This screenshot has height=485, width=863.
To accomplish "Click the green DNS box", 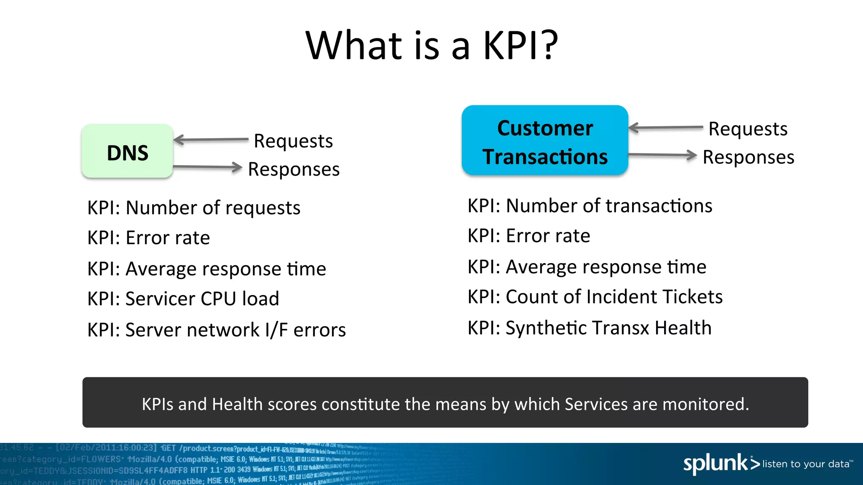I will click(x=127, y=152).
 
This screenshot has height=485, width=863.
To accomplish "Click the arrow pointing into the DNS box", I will click(x=211, y=139).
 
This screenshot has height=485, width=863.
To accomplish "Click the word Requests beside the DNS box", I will click(x=293, y=141).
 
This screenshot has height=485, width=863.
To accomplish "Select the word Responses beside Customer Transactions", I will click(x=748, y=157).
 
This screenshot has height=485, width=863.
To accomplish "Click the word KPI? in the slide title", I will click(x=520, y=45).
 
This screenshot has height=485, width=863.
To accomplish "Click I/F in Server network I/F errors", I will click(x=276, y=330).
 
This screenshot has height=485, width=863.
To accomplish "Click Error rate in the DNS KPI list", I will click(x=168, y=238).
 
